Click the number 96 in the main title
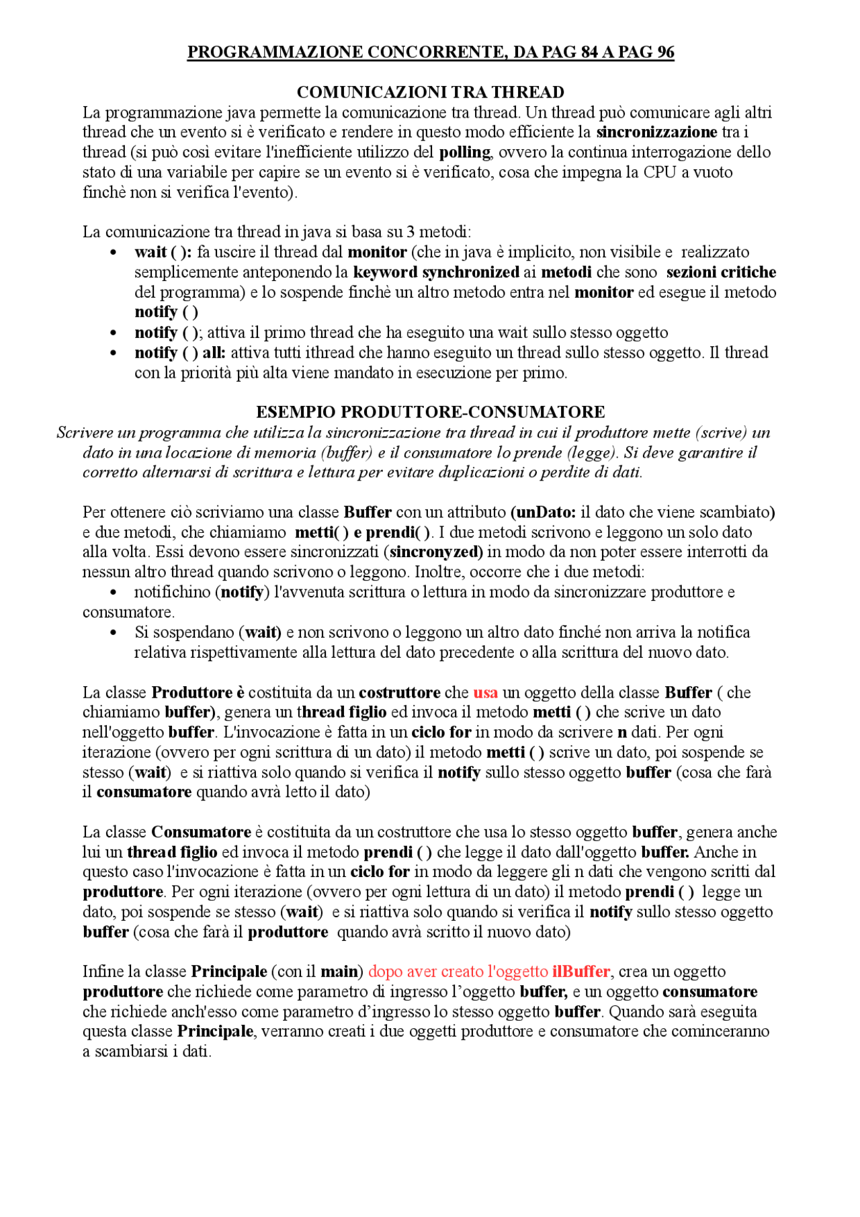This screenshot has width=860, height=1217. click(665, 52)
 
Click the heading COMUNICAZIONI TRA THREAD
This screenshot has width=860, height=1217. click(430, 92)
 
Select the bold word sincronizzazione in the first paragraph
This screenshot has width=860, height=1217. click(656, 132)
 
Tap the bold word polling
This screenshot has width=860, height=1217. click(465, 153)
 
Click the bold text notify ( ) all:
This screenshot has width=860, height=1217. click(179, 353)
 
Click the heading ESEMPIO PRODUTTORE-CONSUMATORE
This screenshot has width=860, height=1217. click(430, 412)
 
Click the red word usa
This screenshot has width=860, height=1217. click(485, 693)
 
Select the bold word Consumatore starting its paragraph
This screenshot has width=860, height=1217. click(201, 833)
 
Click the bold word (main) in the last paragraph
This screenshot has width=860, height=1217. click(341, 972)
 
